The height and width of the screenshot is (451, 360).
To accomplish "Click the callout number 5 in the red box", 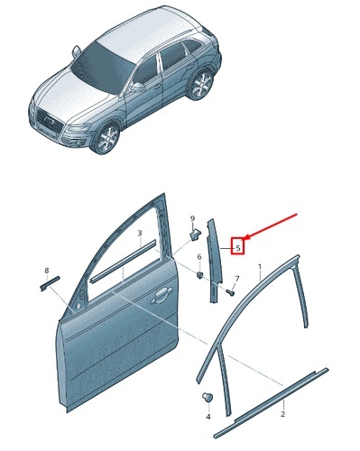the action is coord(238,248).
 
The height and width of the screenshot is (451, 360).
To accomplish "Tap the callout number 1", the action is coord(260,267).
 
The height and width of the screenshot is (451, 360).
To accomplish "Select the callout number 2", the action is coord(282,414).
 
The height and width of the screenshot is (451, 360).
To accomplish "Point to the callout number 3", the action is coord(140,233).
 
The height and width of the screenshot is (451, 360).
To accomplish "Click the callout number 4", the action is coord(208,417).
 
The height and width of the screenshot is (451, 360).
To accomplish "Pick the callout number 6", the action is coord(199,257).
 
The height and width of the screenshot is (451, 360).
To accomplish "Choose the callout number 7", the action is coord(237,279).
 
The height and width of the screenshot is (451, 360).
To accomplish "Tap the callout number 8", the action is coord(46,271).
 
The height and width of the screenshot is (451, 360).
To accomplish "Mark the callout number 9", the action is coord(192,218).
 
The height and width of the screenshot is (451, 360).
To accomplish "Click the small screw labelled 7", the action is coord(231,292).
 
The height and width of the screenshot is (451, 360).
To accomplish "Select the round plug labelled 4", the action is coord(208,398).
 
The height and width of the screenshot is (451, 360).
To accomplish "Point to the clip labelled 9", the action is coord(194,234).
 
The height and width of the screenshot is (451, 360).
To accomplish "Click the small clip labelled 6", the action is coord(199,274).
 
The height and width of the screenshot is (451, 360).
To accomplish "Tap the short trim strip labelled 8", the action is coord(50,283).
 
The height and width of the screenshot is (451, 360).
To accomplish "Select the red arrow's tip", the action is coord(245,240).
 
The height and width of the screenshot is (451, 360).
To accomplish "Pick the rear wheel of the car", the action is coord(201,84).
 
